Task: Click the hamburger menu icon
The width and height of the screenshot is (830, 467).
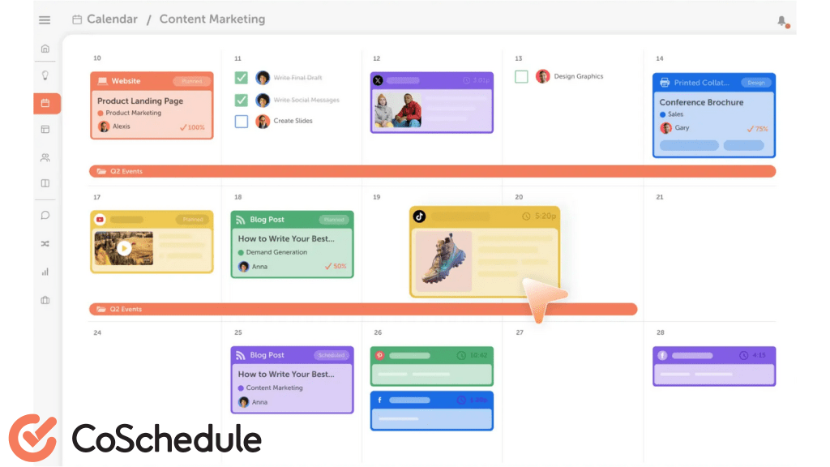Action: pos(45,19)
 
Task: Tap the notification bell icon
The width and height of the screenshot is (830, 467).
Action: pos(781,20)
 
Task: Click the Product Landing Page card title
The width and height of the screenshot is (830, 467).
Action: pos(140,101)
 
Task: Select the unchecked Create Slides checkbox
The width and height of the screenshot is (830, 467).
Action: pos(242,121)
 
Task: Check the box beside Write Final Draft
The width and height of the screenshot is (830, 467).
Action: pos(242,78)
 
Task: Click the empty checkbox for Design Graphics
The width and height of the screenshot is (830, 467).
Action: pos(521,76)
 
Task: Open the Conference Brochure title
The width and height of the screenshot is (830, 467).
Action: pos(701,102)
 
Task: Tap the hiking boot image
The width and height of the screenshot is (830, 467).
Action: pos(443,261)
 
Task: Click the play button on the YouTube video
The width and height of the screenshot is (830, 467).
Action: pos(123,248)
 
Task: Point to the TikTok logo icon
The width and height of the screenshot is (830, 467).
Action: pos(420,216)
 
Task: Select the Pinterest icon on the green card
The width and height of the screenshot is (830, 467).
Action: pos(379,355)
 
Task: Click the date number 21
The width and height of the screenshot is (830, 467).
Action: pos(660,197)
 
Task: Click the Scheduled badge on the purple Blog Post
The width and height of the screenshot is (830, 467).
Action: pos(332,355)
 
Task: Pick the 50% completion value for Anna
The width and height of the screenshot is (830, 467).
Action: pos(336,266)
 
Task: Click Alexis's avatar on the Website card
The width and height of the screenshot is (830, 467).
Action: pos(104,126)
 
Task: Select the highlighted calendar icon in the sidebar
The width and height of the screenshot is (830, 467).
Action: pos(45,103)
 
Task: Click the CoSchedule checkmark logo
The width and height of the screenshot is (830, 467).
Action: pos(33,439)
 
